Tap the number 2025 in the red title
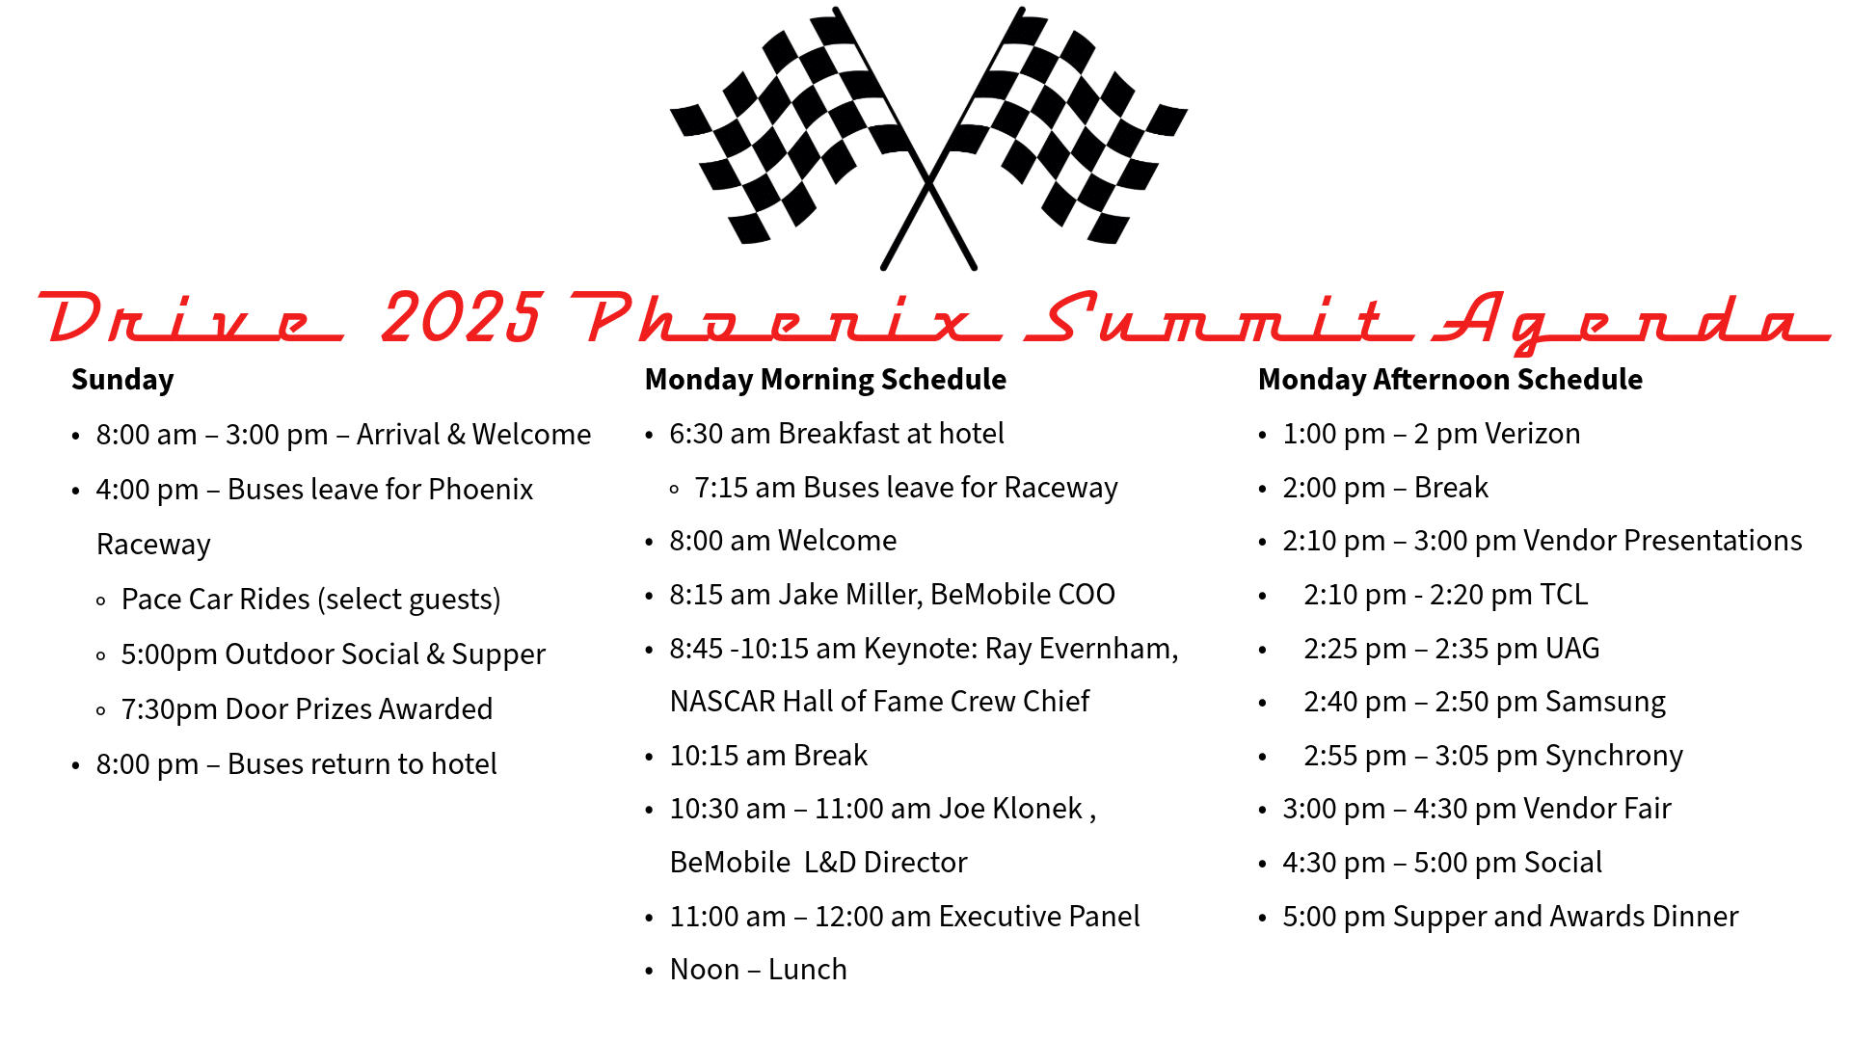tap(463, 317)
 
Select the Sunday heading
tap(122, 380)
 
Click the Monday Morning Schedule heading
tap(825, 380)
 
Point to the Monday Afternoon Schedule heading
tap(1450, 380)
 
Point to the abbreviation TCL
tap(1564, 595)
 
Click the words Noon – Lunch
tap(759, 970)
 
